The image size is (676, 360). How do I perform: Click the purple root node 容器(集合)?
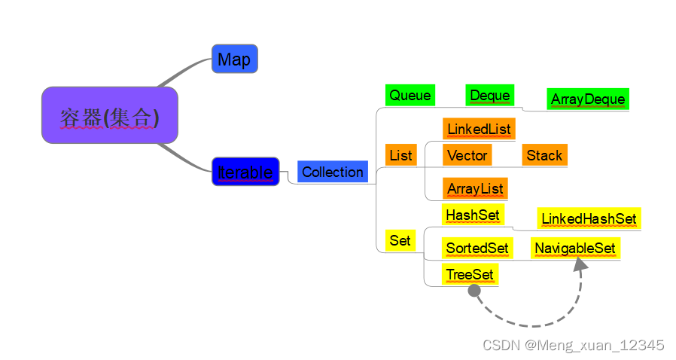110,115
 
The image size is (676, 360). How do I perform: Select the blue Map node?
235,59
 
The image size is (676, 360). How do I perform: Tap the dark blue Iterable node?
245,172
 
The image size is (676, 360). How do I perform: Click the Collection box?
333,172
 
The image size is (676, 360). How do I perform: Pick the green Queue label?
410,95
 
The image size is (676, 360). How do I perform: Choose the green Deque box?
489,95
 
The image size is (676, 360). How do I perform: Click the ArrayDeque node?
588,99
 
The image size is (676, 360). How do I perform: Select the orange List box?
400,155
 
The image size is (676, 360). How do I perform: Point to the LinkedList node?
479,129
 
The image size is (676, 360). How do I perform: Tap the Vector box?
467,155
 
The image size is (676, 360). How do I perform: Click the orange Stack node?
544,155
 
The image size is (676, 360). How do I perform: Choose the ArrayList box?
474,188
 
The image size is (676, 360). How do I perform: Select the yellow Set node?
400,241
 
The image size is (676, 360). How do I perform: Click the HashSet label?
473,215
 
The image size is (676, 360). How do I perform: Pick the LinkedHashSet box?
589,218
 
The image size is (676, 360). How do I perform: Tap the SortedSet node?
477,248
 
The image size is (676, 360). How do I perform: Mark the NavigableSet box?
575,248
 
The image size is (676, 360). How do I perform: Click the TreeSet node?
470,274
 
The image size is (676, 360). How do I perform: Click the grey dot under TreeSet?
474,291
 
